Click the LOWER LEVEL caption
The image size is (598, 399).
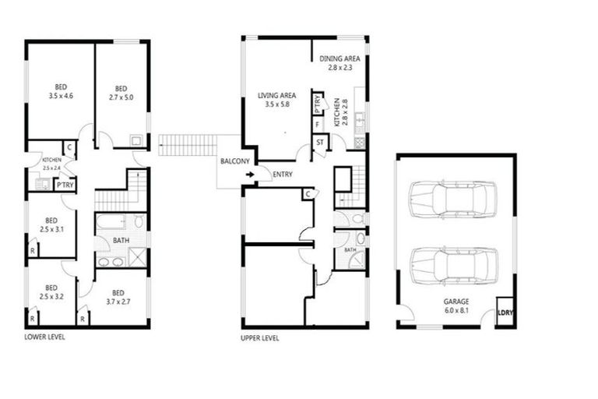(x=44, y=337)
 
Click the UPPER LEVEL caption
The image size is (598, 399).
(x=260, y=338)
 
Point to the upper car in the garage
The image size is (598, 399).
(x=452, y=199)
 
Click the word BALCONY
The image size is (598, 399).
(x=234, y=161)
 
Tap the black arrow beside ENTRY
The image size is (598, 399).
(x=250, y=175)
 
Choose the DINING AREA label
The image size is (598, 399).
(x=339, y=63)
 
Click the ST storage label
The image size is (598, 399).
(x=320, y=143)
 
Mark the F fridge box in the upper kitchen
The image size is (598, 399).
(x=317, y=125)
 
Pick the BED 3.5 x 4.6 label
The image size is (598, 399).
(x=60, y=91)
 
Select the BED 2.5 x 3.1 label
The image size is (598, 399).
(x=51, y=224)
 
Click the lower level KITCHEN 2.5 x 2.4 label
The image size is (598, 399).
(x=51, y=163)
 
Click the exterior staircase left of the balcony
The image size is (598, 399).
(x=188, y=145)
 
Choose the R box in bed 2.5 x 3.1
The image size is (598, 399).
(x=33, y=250)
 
